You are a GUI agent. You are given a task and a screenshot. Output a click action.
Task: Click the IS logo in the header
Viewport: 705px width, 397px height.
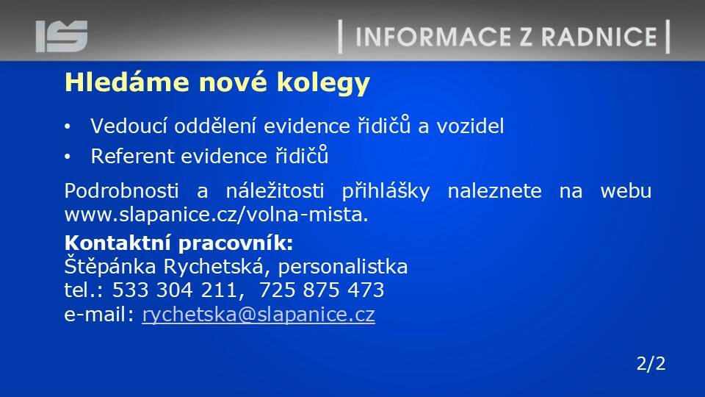[x=62, y=36]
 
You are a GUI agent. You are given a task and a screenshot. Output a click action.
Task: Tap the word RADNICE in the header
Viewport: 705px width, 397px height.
[x=599, y=37]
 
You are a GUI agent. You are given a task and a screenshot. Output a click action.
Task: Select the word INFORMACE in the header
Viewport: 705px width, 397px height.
[x=433, y=37]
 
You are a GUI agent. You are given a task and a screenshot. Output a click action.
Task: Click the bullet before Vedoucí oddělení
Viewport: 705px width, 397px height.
[x=67, y=126]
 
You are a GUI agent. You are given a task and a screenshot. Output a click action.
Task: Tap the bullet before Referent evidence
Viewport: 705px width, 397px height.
[x=67, y=157]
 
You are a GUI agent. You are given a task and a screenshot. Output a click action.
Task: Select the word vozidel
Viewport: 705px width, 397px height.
[x=470, y=126]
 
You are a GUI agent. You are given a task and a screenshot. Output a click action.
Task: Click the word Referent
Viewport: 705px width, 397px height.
[x=132, y=156]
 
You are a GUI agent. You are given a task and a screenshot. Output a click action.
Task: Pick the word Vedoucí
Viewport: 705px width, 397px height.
[x=129, y=126]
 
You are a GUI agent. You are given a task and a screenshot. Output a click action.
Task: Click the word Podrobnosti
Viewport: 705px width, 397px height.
[x=121, y=191]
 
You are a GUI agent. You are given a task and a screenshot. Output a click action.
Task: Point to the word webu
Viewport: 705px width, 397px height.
[x=626, y=191]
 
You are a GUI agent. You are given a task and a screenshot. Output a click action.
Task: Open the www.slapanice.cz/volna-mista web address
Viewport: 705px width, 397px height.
[x=216, y=215]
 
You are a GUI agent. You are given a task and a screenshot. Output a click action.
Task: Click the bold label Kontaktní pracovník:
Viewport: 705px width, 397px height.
[x=179, y=243]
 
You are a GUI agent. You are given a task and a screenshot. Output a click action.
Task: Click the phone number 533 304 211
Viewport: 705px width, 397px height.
[x=175, y=290]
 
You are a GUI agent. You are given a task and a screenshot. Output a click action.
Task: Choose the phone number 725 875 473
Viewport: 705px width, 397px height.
[x=322, y=290]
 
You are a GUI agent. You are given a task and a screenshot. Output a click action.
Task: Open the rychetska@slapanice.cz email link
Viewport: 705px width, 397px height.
[x=258, y=315]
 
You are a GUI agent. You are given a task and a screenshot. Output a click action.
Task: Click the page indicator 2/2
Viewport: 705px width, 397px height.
[x=651, y=364]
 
